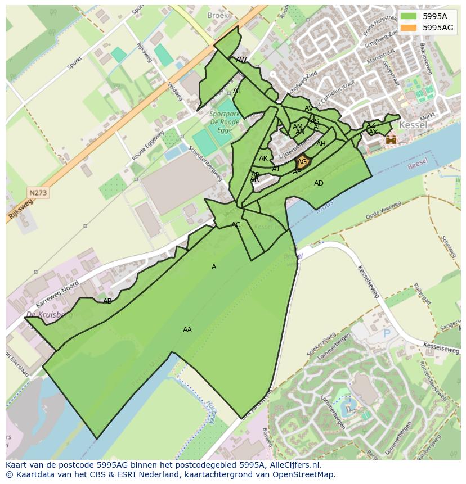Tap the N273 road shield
point(38,193)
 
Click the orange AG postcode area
point(303,162)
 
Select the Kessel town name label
point(413,125)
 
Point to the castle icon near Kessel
point(391,139)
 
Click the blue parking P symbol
point(387,333)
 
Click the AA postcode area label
point(187,330)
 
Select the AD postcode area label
point(319,183)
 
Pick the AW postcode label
point(241,60)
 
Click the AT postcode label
point(237,91)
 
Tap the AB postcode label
point(107,301)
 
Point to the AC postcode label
point(236,225)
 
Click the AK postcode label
point(263,159)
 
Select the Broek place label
point(218,16)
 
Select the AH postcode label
point(321,144)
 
